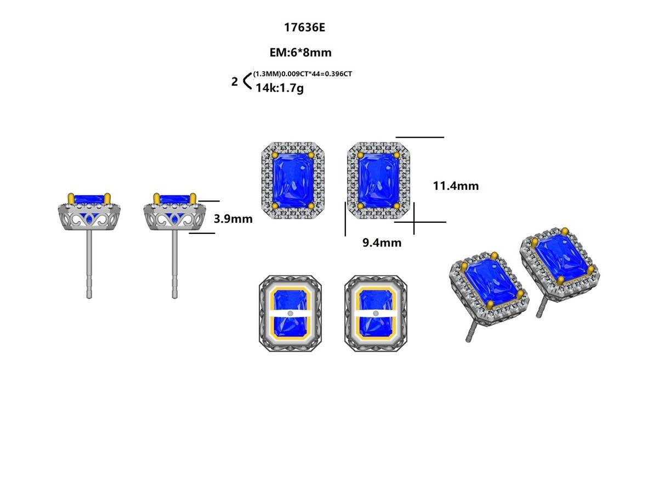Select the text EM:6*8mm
[x=300, y=53]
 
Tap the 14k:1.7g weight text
[x=279, y=87]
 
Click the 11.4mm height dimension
[x=456, y=186]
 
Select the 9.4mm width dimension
[x=382, y=243]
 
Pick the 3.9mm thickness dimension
[x=233, y=218]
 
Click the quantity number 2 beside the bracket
[x=235, y=82]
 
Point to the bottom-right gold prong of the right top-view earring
[x=397, y=206]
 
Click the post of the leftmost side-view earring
[x=89, y=263]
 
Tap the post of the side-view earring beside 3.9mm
[x=174, y=263]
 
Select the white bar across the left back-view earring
[x=291, y=313]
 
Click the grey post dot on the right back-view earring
[x=376, y=313]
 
